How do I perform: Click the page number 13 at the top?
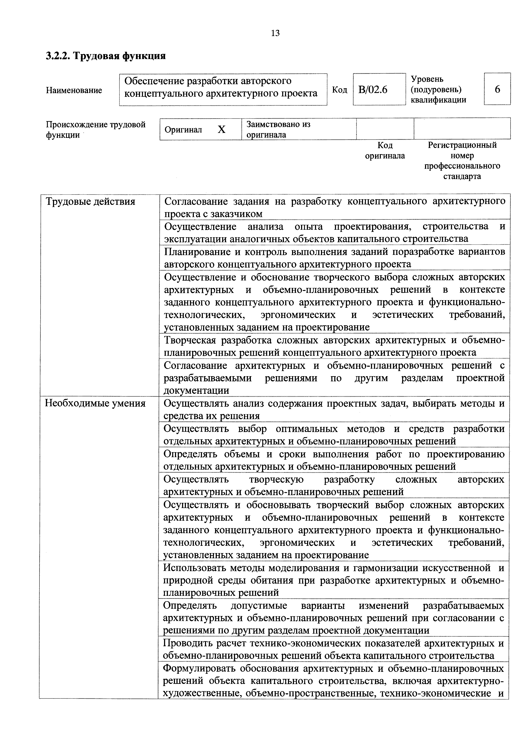pos(276,33)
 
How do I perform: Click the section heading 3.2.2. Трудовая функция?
pos(106,56)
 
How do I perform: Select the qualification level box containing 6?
pos(497,89)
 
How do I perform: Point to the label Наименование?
pos(74,90)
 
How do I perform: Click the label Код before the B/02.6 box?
pos(339,90)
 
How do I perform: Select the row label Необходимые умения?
pos(95,403)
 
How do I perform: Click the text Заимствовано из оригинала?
pos(279,129)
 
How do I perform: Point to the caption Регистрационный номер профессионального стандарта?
pos(462,161)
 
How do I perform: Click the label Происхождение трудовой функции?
pos(95,129)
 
